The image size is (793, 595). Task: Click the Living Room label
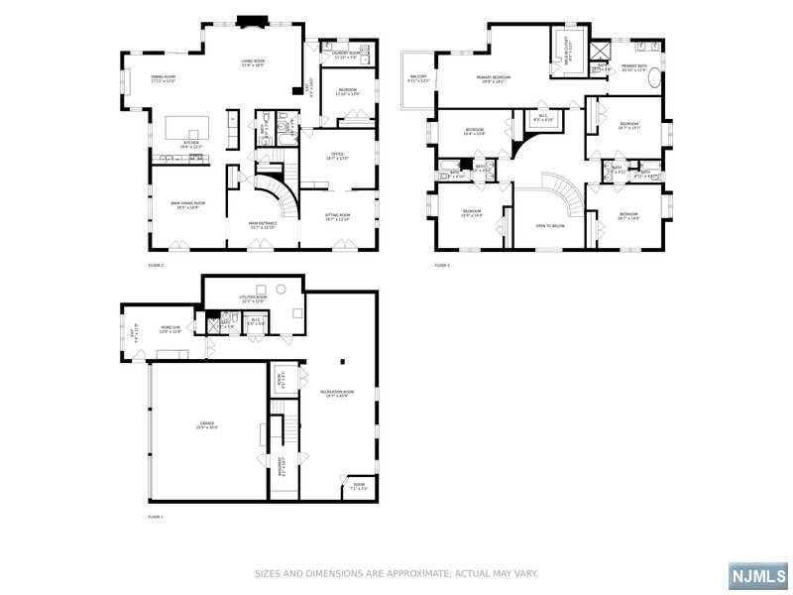click(x=253, y=63)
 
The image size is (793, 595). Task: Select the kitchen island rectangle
click(x=187, y=127)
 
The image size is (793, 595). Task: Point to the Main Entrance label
click(x=262, y=225)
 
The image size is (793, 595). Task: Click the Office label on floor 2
click(x=337, y=156)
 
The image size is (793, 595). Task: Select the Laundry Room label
click(x=347, y=56)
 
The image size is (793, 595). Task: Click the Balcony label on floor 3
click(x=418, y=78)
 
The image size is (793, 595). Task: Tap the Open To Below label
click(x=550, y=226)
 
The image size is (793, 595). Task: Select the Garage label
click(x=206, y=427)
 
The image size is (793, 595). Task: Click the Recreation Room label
click(x=337, y=395)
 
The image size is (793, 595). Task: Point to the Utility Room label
click(x=254, y=298)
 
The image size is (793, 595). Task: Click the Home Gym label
click(x=170, y=330)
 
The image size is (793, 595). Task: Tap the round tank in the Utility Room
click(x=281, y=288)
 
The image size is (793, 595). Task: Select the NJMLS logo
click(x=757, y=576)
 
